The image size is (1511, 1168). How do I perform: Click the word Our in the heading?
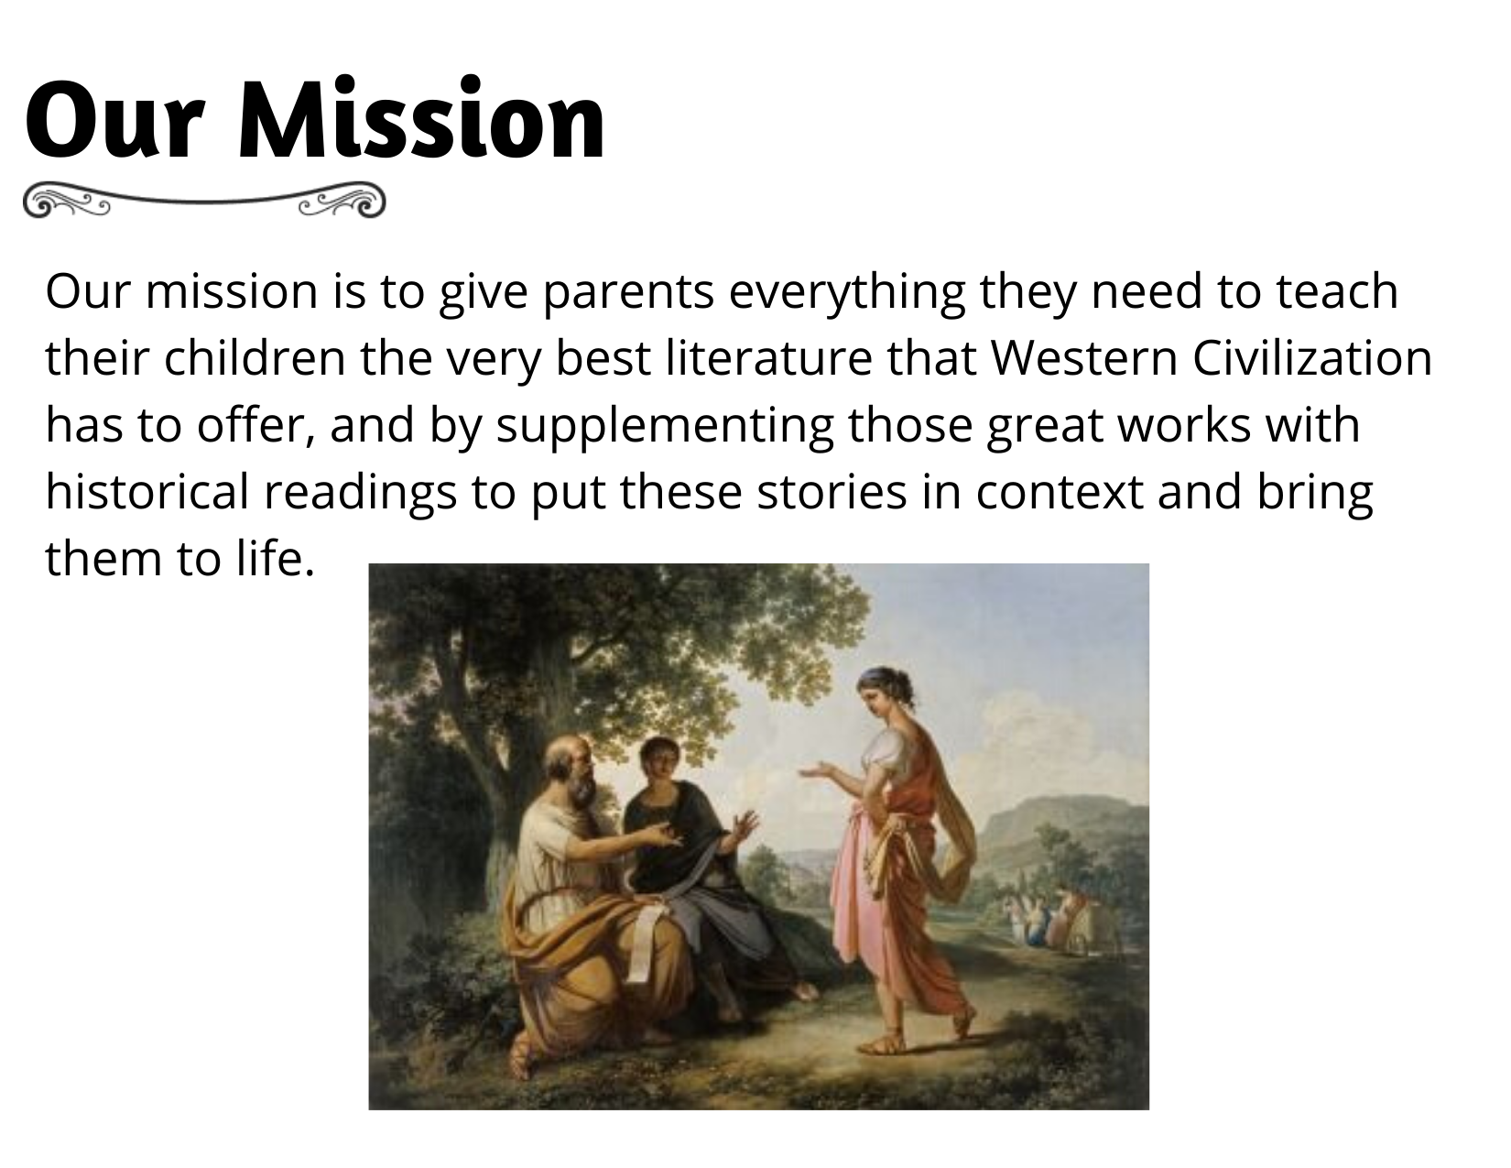coord(115,119)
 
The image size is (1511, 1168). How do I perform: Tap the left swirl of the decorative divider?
coord(66,201)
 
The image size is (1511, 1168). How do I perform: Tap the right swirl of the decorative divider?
coord(342,201)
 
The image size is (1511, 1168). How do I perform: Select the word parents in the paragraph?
coord(628,291)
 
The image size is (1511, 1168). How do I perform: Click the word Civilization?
coord(1312,357)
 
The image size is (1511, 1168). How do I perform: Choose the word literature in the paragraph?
coord(768,357)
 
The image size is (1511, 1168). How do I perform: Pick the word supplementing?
coord(665,426)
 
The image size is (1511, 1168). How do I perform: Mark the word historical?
coord(147,491)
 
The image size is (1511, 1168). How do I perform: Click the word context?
coord(1059,493)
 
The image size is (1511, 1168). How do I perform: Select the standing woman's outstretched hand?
coord(817,770)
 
